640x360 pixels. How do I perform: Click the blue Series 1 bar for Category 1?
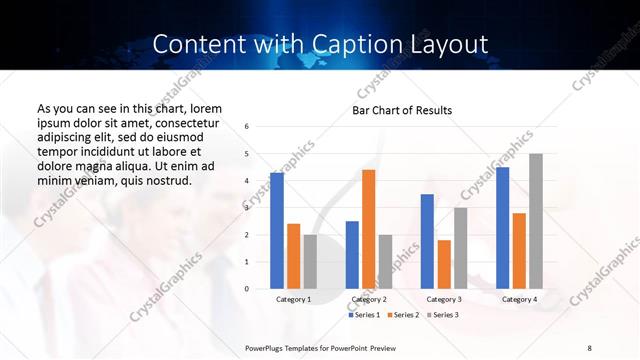(277, 231)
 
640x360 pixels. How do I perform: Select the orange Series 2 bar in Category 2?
(368, 229)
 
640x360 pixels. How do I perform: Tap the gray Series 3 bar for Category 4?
(535, 221)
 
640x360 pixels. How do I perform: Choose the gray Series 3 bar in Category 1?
(309, 262)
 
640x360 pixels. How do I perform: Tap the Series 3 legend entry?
(442, 315)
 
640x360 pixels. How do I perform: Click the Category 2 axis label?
(368, 299)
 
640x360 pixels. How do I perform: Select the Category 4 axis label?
(518, 299)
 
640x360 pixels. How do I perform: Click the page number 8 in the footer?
(589, 347)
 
